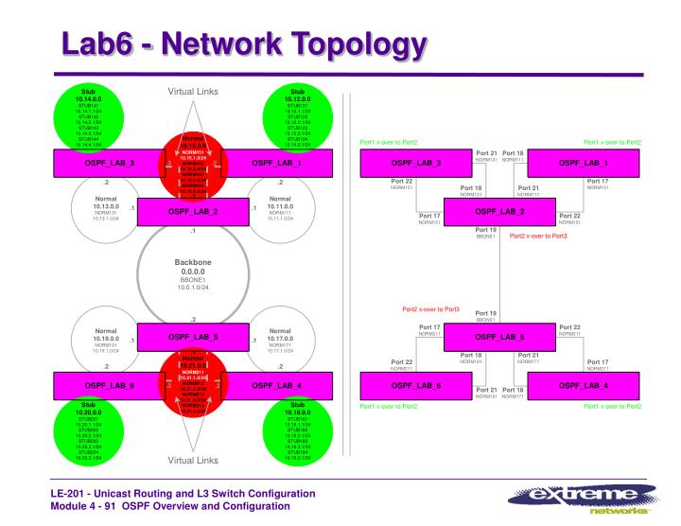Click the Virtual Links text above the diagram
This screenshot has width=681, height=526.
point(192,92)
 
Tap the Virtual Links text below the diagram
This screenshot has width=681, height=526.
point(192,461)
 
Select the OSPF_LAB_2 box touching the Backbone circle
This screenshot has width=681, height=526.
point(192,210)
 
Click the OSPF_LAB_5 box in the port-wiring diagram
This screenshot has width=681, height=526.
point(499,336)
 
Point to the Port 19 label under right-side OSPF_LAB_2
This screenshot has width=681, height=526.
point(486,230)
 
